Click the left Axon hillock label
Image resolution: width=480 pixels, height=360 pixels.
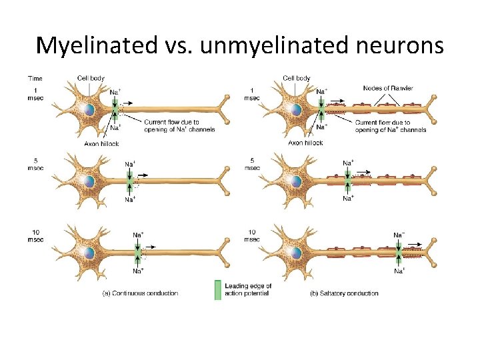(x=101, y=143)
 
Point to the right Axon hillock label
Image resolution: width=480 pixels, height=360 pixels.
(x=305, y=143)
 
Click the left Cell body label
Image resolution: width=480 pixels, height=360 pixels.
(x=91, y=79)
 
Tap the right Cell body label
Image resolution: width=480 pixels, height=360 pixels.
(x=297, y=79)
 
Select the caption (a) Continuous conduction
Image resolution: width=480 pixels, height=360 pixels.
(x=140, y=293)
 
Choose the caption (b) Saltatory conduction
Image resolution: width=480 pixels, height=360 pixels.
(x=345, y=293)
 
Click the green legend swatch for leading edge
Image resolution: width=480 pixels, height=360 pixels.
(x=217, y=290)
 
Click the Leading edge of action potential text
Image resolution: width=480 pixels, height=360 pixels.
(x=248, y=290)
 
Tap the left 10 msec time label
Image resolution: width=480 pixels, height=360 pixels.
(x=36, y=236)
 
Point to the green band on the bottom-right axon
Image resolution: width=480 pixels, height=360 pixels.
(x=399, y=253)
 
